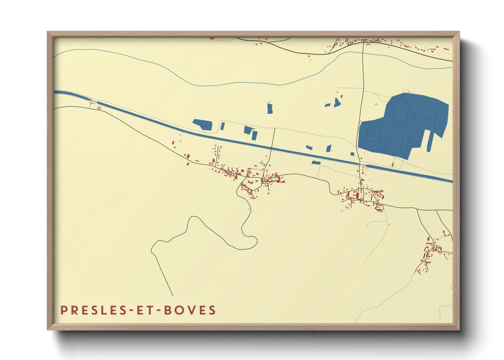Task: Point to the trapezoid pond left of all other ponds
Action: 203,124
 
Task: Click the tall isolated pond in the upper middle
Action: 270,108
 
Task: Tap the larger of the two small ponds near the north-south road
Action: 337,102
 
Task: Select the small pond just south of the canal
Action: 316,163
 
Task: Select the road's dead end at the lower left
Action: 173,295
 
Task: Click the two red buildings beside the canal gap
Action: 99,108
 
